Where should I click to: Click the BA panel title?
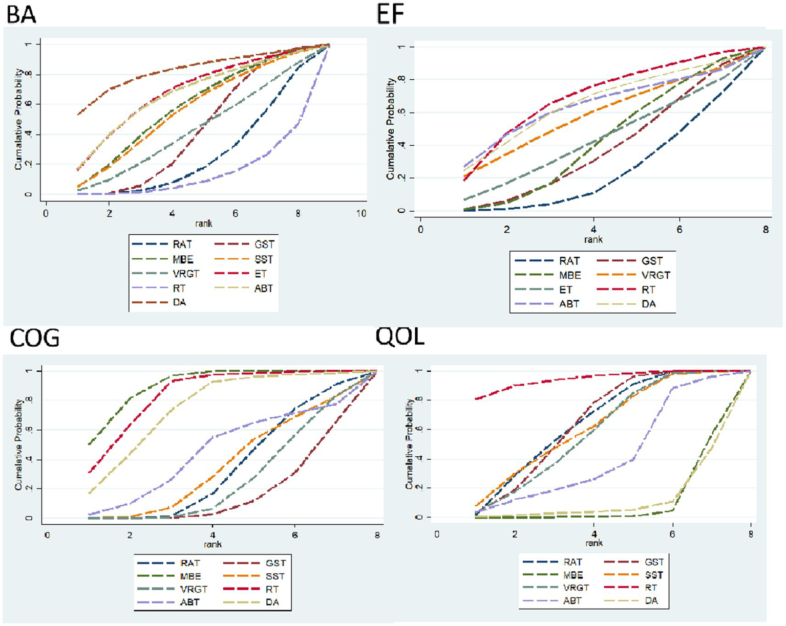point(22,14)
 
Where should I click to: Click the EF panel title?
point(390,14)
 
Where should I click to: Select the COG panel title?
point(34,338)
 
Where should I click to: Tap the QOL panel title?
point(400,337)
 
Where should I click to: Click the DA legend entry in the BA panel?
point(179,302)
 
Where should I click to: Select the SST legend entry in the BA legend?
point(264,259)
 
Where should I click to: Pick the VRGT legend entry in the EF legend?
point(655,275)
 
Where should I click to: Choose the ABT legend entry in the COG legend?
point(189,602)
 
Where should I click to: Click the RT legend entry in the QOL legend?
point(650,588)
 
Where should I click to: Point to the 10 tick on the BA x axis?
point(361,213)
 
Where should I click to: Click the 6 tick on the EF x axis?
point(679,229)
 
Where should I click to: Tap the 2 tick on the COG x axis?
point(130,535)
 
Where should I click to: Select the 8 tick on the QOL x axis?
point(751,534)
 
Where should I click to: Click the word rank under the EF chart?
point(593,239)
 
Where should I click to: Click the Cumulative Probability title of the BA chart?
point(18,119)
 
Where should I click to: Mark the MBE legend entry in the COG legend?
point(190,576)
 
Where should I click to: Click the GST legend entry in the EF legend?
point(652,261)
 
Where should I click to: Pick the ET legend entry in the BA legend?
point(261,274)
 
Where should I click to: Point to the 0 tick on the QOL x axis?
point(437,534)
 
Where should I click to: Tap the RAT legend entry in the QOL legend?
point(572,562)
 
